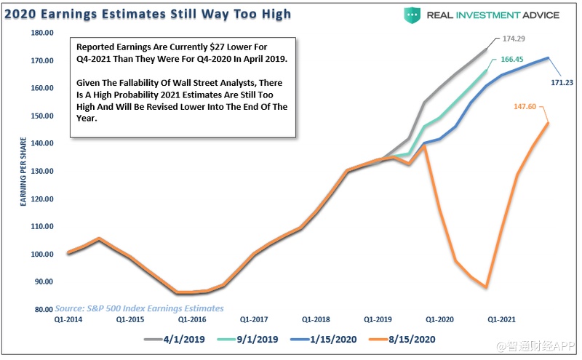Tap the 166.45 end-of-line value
(x=512, y=61)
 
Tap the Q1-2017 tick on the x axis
(x=252, y=319)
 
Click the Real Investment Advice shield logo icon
(x=412, y=15)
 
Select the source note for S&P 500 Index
(x=138, y=308)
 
